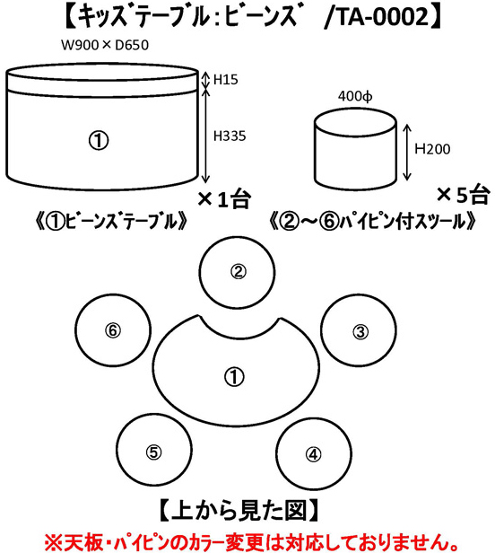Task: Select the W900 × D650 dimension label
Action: pos(105,45)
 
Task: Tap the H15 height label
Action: pos(226,80)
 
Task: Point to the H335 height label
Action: pos(230,136)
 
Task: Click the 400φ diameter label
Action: pos(355,96)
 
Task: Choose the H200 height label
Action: pos(432,149)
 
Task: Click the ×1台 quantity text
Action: pos(224,199)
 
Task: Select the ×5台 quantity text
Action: pos(463,195)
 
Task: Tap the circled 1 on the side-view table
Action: pos(99,141)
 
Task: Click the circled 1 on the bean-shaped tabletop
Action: pos(234,377)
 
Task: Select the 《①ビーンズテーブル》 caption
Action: pos(111,222)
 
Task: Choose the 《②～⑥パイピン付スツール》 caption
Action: pos(374,222)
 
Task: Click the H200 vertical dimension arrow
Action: pos(406,153)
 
